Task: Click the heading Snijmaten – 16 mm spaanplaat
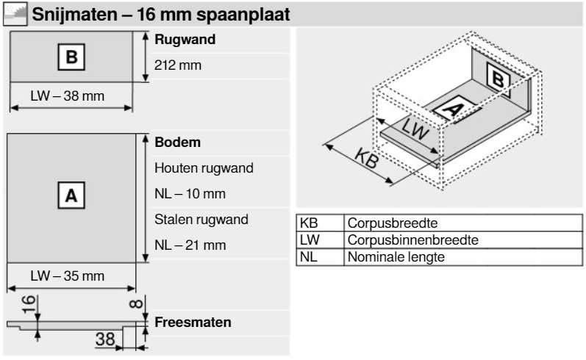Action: click(x=161, y=15)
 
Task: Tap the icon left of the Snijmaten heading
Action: click(x=15, y=14)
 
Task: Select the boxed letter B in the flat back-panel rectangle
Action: click(x=71, y=57)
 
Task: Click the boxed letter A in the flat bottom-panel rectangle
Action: click(x=71, y=195)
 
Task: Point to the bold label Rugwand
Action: click(x=185, y=40)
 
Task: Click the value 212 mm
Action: click(x=178, y=65)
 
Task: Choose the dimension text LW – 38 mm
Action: click(x=67, y=96)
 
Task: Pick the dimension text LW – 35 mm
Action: click(x=67, y=276)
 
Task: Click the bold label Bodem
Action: click(x=177, y=143)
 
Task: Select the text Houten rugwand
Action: click(x=204, y=168)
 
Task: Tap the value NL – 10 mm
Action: click(x=190, y=194)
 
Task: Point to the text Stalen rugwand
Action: click(x=201, y=220)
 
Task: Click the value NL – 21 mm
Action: click(x=190, y=245)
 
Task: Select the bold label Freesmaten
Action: click(x=193, y=323)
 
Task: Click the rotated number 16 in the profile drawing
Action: click(x=29, y=304)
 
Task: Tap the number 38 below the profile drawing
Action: click(x=105, y=339)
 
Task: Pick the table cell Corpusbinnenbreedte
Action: click(x=413, y=240)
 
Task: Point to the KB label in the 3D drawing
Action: click(x=367, y=158)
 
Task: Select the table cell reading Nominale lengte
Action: click(x=396, y=257)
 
